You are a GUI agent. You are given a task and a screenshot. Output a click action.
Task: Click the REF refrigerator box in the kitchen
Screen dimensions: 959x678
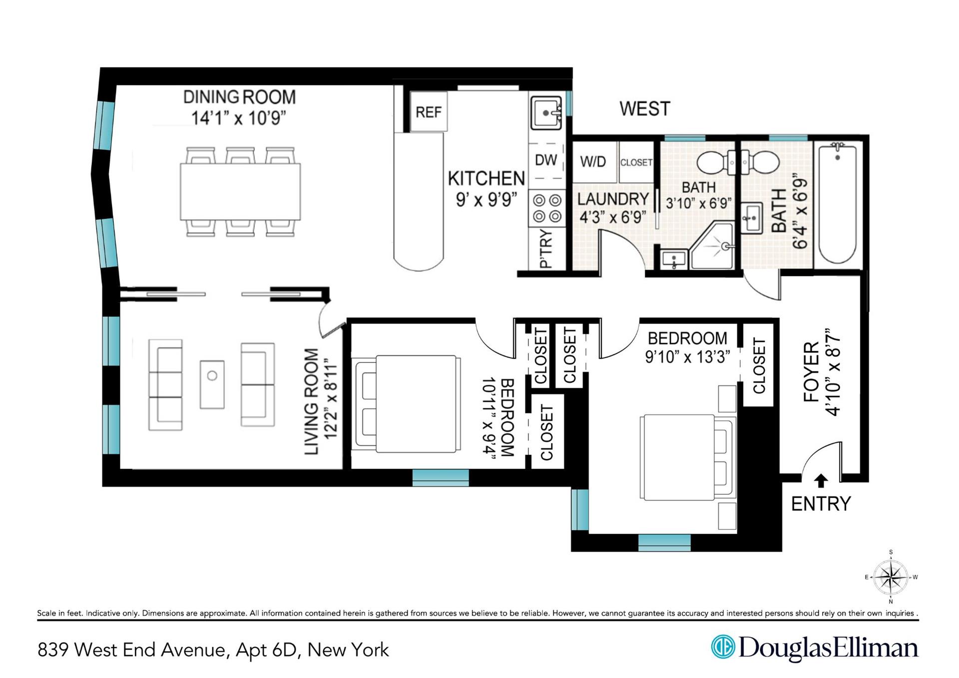click(429, 112)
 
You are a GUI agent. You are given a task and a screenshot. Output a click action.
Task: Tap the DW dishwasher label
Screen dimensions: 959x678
click(546, 160)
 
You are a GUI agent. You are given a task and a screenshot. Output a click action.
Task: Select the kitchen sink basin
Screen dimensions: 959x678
click(546, 112)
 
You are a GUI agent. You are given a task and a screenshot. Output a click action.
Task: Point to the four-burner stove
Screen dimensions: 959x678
click(547, 208)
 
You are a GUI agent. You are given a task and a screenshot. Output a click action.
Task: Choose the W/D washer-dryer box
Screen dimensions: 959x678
click(594, 162)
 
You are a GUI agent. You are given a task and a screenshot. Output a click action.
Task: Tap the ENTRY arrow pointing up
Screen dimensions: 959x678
click(821, 480)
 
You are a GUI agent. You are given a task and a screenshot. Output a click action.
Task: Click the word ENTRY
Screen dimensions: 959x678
click(821, 504)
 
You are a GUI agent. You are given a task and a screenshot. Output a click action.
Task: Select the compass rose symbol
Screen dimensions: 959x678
click(891, 577)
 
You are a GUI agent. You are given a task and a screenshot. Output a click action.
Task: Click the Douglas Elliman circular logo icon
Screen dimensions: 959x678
click(723, 647)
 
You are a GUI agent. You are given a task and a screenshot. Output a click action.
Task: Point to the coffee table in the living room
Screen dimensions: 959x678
click(212, 384)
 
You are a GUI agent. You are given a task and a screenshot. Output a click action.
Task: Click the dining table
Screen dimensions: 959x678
click(240, 192)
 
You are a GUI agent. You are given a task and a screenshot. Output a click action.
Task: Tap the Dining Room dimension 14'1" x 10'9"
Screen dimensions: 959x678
click(239, 119)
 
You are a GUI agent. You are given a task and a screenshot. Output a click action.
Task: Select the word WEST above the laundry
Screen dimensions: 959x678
click(644, 109)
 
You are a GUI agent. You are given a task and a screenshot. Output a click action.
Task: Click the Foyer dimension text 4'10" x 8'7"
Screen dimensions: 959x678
click(833, 372)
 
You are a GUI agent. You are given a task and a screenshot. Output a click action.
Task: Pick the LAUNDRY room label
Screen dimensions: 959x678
click(613, 199)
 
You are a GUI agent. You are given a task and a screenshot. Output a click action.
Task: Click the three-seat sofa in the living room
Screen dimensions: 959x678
click(165, 385)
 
